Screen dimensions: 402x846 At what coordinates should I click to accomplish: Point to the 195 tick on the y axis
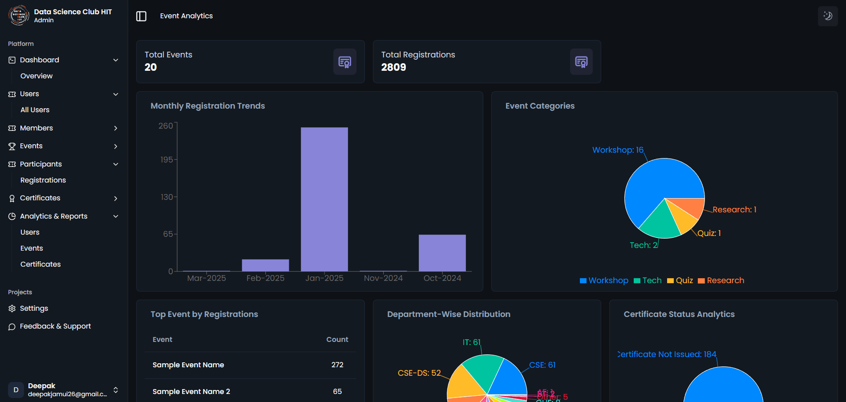pyautogui.click(x=166, y=159)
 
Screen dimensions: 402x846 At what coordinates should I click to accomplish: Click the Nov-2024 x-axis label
pyautogui.click(x=383, y=278)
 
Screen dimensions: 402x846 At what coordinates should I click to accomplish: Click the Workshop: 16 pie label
pyautogui.click(x=618, y=150)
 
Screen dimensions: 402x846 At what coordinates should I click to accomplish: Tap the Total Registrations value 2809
pyautogui.click(x=393, y=67)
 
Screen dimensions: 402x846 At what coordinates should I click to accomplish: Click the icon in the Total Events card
pyautogui.click(x=345, y=62)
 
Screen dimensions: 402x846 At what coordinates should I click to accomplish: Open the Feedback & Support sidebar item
pyautogui.click(x=55, y=326)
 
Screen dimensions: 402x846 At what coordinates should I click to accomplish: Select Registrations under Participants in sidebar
pyautogui.click(x=43, y=180)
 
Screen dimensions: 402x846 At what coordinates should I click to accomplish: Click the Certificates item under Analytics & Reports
pyautogui.click(x=40, y=264)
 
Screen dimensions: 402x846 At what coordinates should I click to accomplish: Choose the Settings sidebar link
pyautogui.click(x=34, y=309)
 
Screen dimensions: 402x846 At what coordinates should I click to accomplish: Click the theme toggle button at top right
pyautogui.click(x=828, y=16)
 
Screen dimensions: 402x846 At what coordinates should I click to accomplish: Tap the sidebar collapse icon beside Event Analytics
pyautogui.click(x=141, y=16)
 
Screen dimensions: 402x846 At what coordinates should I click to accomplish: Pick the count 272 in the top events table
pyautogui.click(x=337, y=365)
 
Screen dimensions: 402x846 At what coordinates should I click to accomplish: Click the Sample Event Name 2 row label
pyautogui.click(x=191, y=392)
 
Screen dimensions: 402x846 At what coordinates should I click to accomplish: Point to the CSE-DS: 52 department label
pyautogui.click(x=419, y=373)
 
